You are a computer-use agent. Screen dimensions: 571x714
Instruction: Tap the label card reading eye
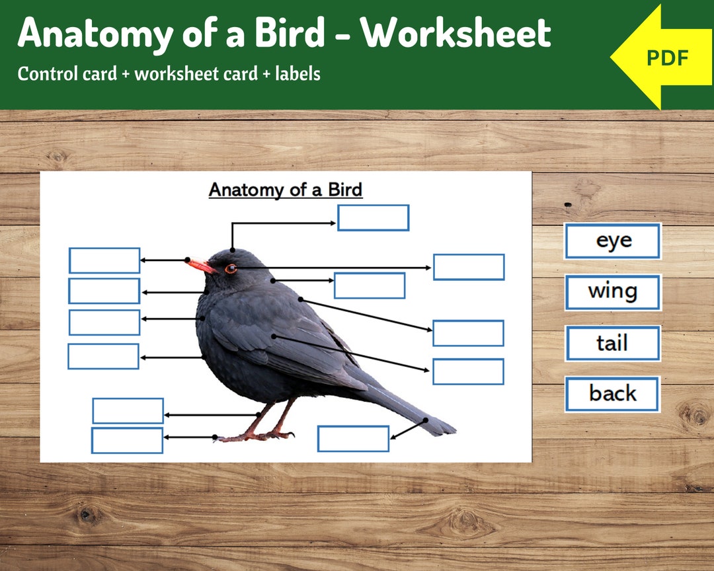pyautogui.click(x=613, y=241)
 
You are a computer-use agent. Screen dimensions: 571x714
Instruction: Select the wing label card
pyautogui.click(x=613, y=292)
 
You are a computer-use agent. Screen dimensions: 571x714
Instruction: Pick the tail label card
pyautogui.click(x=613, y=343)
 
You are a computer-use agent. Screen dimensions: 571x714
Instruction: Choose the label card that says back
pyautogui.click(x=612, y=394)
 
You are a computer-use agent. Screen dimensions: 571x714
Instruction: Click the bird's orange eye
pyautogui.click(x=230, y=268)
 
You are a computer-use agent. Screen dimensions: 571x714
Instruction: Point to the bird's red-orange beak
pyautogui.click(x=200, y=266)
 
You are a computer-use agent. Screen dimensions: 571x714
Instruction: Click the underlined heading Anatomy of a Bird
pyautogui.click(x=286, y=190)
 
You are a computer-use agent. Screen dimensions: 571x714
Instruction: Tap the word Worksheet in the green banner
pyautogui.click(x=459, y=33)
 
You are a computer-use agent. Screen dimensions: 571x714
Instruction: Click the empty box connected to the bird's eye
pyautogui.click(x=469, y=267)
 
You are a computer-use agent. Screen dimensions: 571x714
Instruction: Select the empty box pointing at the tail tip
pyautogui.click(x=353, y=439)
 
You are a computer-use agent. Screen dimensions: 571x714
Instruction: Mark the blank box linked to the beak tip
pyautogui.click(x=104, y=260)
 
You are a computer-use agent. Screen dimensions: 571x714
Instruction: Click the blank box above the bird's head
pyautogui.click(x=373, y=217)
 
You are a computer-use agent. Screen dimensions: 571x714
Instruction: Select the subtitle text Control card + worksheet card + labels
pyautogui.click(x=169, y=74)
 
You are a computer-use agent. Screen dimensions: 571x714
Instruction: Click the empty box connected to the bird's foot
pyautogui.click(x=127, y=440)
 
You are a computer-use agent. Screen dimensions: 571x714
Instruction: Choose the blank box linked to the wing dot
pyautogui.click(x=468, y=371)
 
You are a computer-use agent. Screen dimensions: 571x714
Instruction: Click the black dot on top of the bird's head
pyautogui.click(x=233, y=250)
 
